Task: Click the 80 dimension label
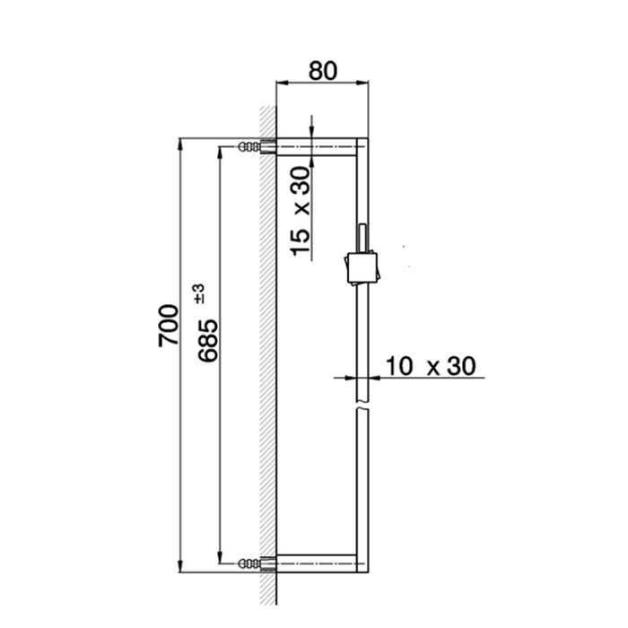(323, 71)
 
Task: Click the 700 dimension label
(169, 325)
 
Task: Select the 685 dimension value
(209, 340)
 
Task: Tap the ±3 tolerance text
(199, 293)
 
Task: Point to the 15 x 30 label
(301, 211)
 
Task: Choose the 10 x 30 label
(431, 366)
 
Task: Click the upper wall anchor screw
(249, 146)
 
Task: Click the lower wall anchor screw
(249, 564)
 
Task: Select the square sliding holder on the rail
(362, 267)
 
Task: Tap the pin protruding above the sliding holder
(362, 238)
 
